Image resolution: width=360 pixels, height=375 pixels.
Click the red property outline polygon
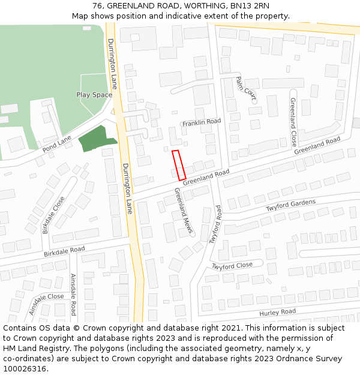[179, 165]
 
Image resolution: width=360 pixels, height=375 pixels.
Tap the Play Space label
[94, 95]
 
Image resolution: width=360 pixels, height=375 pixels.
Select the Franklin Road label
[202, 121]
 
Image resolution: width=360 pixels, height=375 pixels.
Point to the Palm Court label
[246, 88]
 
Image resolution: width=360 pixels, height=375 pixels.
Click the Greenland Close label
[293, 122]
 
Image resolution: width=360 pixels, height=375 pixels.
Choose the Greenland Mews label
[184, 211]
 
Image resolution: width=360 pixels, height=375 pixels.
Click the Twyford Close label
[232, 266]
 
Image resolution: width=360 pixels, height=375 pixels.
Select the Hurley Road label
[277, 313]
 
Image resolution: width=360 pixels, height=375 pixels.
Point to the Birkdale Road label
[64, 251]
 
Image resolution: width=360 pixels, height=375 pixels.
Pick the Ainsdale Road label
[73, 295]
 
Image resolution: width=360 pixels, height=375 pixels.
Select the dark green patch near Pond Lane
[96, 139]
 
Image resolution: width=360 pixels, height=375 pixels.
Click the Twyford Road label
[215, 224]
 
